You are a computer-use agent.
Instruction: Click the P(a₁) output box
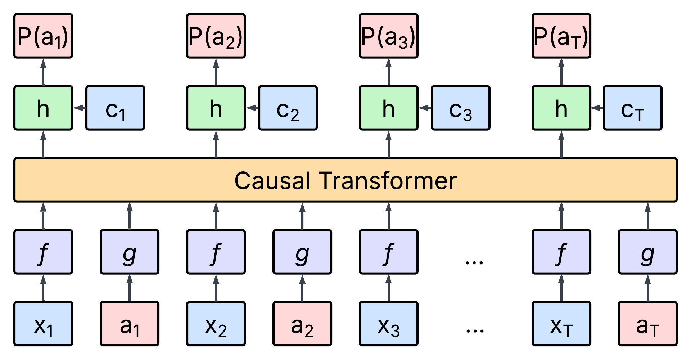tap(43, 36)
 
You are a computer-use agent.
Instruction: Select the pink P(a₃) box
tap(389, 36)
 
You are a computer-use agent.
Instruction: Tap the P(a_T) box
tap(561, 36)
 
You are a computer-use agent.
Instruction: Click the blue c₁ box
tap(115, 108)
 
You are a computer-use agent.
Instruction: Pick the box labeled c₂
tap(288, 108)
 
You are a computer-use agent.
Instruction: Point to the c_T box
tap(632, 108)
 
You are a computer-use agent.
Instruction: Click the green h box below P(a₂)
tap(216, 108)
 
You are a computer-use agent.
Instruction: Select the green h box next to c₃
tap(389, 108)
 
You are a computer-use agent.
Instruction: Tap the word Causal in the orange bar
tap(272, 180)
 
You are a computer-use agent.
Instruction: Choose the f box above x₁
tap(43, 252)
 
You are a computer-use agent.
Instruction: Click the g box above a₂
tap(302, 252)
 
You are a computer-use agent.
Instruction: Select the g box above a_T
tap(647, 252)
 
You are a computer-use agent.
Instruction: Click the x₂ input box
tap(216, 324)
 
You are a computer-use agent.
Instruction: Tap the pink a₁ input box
tap(130, 324)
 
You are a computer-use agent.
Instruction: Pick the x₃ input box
tap(389, 324)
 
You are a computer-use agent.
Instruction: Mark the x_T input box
tap(561, 324)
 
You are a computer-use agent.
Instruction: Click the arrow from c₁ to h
tap(80, 108)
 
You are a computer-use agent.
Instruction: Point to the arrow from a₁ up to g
tap(130, 288)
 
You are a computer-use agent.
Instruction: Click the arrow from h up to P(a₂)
tap(216, 72)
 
